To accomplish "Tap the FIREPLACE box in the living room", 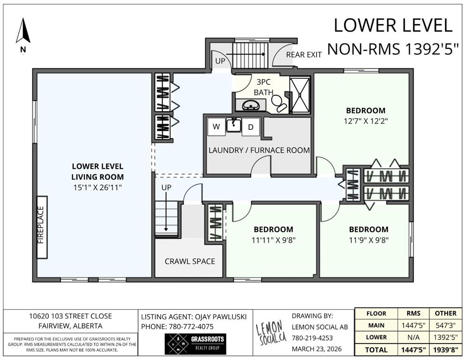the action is pyautogui.click(x=42, y=227).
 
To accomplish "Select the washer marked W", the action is pyautogui.click(x=216, y=127).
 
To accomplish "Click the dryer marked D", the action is pyautogui.click(x=251, y=127).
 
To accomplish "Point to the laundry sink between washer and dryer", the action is pyautogui.click(x=234, y=125).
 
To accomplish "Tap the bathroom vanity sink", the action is pyautogui.click(x=251, y=105).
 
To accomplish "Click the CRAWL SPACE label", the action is pyautogui.click(x=190, y=261).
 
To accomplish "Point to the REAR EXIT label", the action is pyautogui.click(x=304, y=55).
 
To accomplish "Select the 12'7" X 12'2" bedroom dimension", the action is pyautogui.click(x=366, y=121).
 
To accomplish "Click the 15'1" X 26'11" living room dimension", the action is pyautogui.click(x=97, y=187).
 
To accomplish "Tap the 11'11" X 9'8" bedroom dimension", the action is pyautogui.click(x=273, y=240).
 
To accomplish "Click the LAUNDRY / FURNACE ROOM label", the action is pyautogui.click(x=259, y=150).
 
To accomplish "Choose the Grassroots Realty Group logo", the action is pyautogui.click(x=195, y=344).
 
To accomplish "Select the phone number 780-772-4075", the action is pyautogui.click(x=191, y=327).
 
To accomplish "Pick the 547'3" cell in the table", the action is pyautogui.click(x=445, y=325).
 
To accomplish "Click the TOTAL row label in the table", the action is pyautogui.click(x=376, y=350).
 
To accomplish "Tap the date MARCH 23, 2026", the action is pyautogui.click(x=317, y=349).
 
